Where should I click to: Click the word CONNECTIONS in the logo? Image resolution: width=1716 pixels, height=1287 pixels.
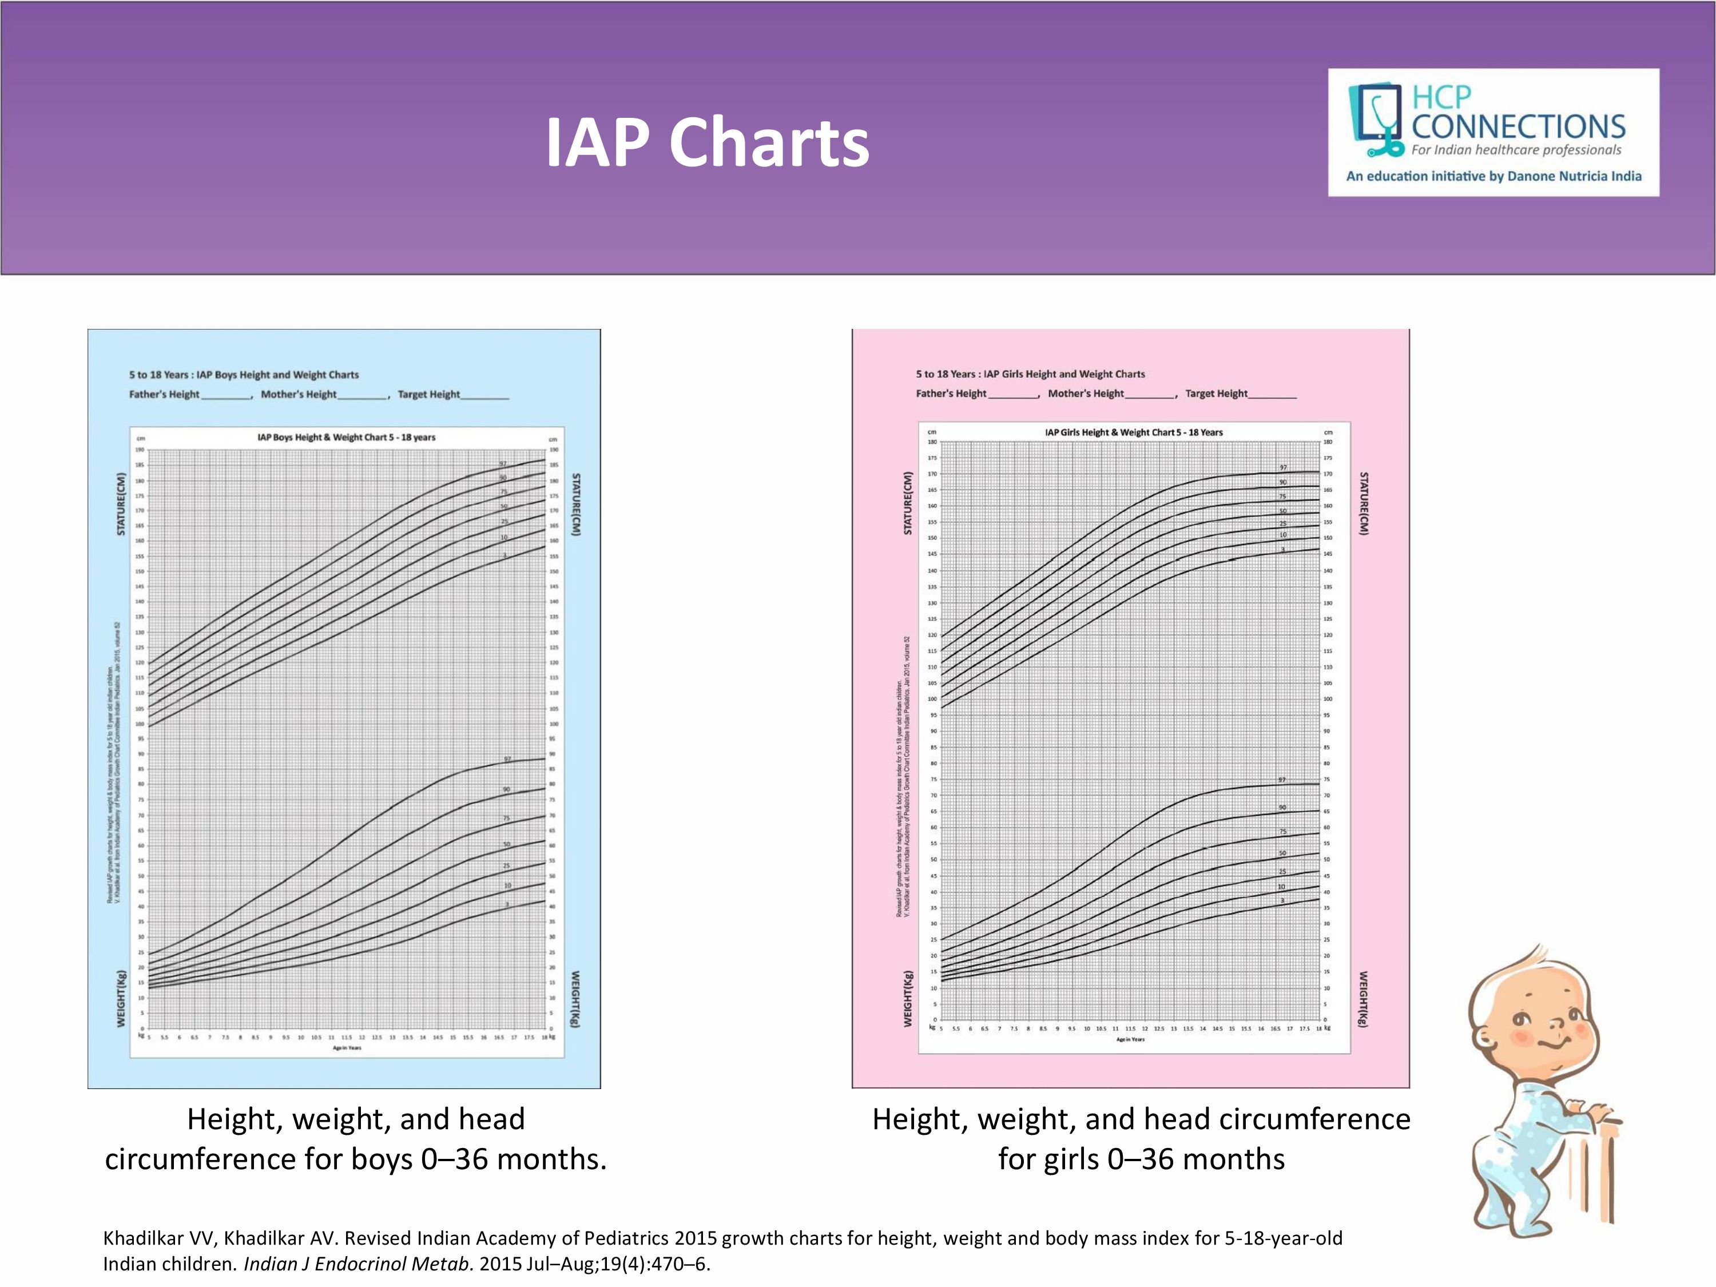tap(1518, 126)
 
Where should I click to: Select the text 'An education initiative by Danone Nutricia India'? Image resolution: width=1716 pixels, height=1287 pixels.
tap(1493, 176)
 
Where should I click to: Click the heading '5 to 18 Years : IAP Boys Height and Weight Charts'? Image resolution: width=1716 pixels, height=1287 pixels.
tap(244, 375)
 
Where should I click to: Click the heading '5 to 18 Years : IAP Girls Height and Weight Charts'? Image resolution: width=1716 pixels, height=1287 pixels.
tap(1030, 374)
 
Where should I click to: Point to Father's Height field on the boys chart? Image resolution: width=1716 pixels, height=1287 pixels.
tap(190, 394)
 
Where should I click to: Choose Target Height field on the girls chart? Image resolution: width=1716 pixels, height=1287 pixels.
tap(1240, 394)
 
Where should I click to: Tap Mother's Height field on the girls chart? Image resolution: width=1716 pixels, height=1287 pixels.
tap(1110, 394)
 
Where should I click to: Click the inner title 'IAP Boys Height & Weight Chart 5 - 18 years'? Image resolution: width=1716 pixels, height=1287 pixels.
tap(346, 438)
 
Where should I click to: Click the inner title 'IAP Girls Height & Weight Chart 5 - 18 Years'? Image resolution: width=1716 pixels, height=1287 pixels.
tap(1133, 432)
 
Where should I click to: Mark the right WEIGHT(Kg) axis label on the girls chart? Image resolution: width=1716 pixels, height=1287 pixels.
tap(1363, 999)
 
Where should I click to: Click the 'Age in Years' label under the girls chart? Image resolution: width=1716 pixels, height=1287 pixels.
tap(1130, 1039)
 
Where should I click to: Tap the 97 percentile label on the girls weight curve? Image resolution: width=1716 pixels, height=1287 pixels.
tap(1282, 780)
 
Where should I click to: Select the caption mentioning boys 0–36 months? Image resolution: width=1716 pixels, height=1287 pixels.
tap(356, 1139)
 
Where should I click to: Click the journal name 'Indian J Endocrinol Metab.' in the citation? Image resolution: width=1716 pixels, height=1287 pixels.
tap(359, 1264)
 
